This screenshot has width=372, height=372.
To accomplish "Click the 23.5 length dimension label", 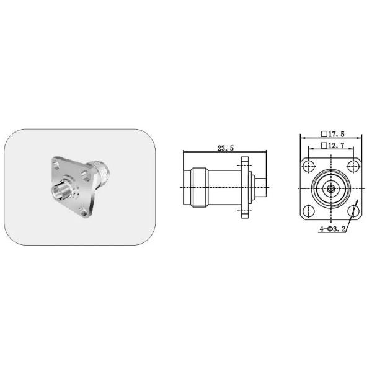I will (225, 148).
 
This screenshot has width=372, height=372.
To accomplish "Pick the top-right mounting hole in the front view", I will (353, 166).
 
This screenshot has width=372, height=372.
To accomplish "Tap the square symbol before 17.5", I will (324, 134).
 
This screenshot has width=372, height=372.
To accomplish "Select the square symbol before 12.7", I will (324, 146).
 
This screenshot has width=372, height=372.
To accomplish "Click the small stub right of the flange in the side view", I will (260, 188).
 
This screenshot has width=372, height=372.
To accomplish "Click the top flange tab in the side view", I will (245, 162).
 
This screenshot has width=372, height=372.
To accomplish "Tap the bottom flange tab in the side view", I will (245, 215).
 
